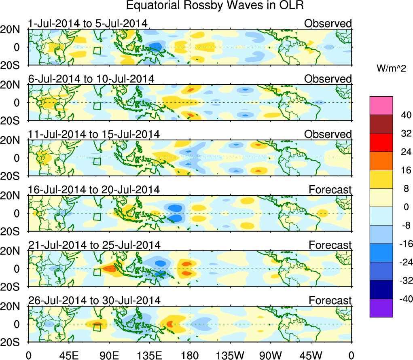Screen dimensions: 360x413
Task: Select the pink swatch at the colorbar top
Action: pyautogui.click(x=381, y=106)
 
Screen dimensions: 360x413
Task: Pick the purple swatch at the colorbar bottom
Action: pyautogui.click(x=381, y=308)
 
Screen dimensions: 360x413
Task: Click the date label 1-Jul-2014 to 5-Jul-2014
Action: pyautogui.click(x=87, y=23)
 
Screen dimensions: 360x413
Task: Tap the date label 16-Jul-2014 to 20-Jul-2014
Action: pyautogui.click(x=94, y=189)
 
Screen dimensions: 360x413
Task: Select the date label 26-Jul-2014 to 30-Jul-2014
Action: pyautogui.click(x=94, y=301)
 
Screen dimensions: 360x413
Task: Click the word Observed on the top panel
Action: pyautogui.click(x=328, y=23)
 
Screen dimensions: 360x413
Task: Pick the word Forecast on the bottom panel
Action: pyautogui.click(x=330, y=301)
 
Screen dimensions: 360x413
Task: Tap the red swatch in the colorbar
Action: pyautogui.click(x=381, y=142)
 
